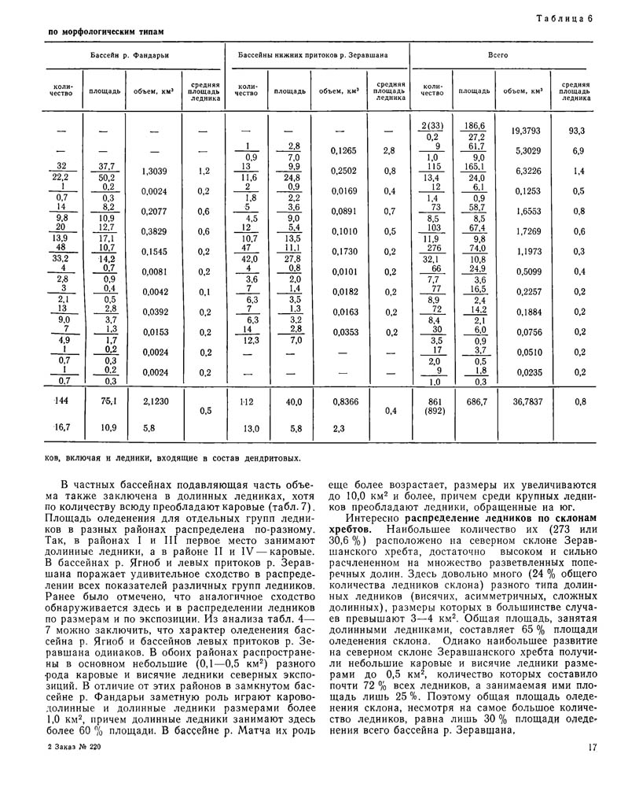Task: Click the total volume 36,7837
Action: tap(527, 401)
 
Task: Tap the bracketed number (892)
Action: tap(435, 411)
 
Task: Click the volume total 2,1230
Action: tap(156, 401)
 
